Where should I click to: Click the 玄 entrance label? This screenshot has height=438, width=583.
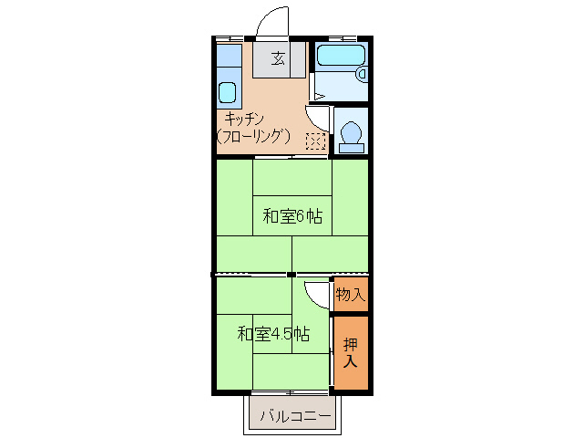278,60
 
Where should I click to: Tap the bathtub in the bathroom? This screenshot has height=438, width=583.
338,56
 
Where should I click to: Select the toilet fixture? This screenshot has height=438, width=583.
351,134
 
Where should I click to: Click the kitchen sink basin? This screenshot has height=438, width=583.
228,93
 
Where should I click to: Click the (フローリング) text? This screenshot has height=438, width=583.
254,136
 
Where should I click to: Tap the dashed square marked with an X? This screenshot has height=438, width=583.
315,141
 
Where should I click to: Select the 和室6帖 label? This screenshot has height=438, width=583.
292,216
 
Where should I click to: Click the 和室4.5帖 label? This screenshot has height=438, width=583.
270,333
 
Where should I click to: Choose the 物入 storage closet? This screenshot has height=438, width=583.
351,294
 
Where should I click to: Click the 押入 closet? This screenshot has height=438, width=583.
351,353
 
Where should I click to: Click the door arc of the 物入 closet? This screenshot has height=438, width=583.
315,294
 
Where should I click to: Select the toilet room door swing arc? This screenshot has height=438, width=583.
317,118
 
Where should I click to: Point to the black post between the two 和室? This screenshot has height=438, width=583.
291,274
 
